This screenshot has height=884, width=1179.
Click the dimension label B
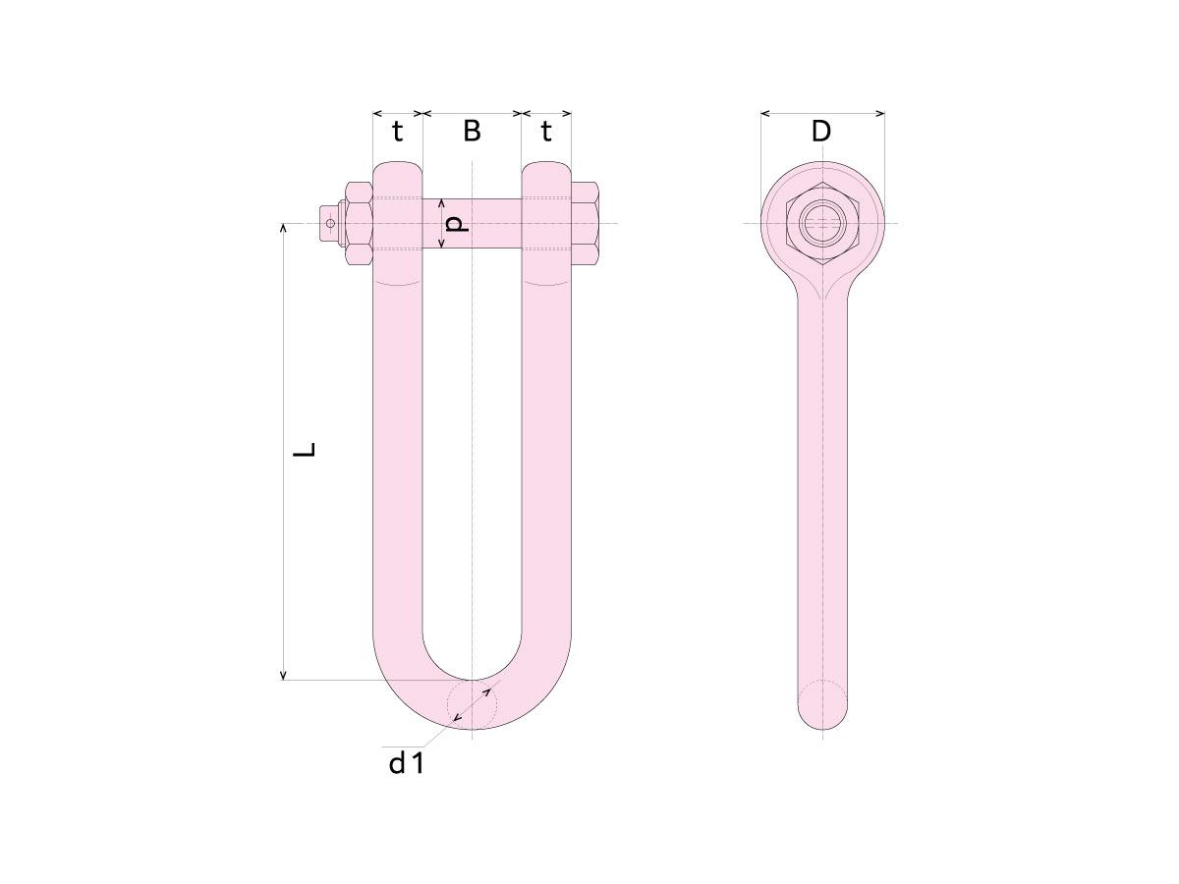tap(472, 131)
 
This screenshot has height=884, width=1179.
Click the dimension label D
tap(820, 131)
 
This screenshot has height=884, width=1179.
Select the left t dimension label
tap(397, 131)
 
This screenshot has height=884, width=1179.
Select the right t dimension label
tap(545, 131)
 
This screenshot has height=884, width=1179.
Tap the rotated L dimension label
tap(305, 450)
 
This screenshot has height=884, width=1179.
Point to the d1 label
tap(406, 763)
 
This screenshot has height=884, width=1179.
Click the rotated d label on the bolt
tap(458, 224)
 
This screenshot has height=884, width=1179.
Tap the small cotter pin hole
tap(330, 223)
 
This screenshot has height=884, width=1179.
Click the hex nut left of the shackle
tap(359, 223)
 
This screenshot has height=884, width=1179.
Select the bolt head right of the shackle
tap(585, 223)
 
